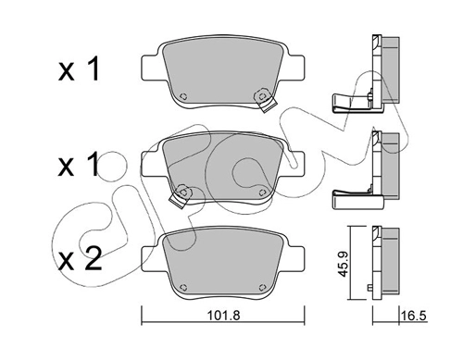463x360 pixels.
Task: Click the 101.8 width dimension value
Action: click(223, 316)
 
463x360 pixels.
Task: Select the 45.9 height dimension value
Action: click(343, 264)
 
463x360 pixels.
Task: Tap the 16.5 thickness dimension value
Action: click(414, 316)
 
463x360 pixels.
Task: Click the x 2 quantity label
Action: click(80, 259)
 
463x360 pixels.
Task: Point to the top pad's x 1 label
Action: click(79, 68)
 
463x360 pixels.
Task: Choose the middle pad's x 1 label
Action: click(79, 164)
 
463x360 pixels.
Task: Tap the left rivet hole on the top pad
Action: click(183, 96)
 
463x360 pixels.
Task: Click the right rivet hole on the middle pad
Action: click(262, 192)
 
